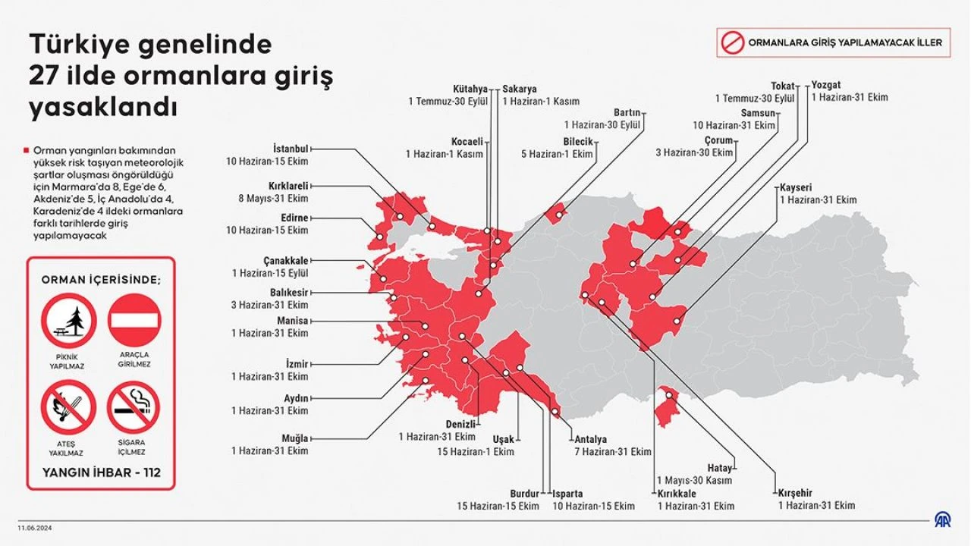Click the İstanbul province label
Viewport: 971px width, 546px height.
pos(291,148)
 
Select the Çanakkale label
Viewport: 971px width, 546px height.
pos(286,260)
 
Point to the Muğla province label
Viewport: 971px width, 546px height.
pos(295,438)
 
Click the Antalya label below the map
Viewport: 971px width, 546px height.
pos(590,439)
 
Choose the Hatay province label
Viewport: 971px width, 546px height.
pos(719,468)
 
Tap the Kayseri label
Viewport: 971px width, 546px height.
pos(797,187)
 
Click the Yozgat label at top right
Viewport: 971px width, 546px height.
pos(826,85)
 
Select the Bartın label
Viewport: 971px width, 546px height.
pos(627,111)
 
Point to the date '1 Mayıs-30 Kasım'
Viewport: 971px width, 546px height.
pos(694,480)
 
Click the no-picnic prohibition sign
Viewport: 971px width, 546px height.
pos(69,321)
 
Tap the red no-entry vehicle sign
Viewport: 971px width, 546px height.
pos(134,321)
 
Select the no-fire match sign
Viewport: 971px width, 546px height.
pos(69,406)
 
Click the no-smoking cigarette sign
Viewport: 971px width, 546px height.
pos(134,406)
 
